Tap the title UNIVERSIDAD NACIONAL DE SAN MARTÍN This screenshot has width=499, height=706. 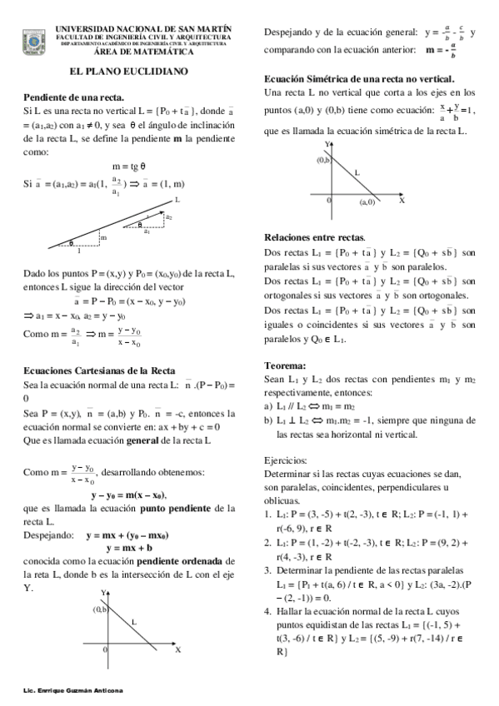pyautogui.click(x=144, y=29)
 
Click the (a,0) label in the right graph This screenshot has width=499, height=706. pyautogui.click(x=367, y=202)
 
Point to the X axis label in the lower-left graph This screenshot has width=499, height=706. pyautogui.click(x=178, y=649)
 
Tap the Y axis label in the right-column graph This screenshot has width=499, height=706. pyautogui.click(x=327, y=145)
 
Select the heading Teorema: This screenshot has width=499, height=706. pyautogui.click(x=285, y=365)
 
